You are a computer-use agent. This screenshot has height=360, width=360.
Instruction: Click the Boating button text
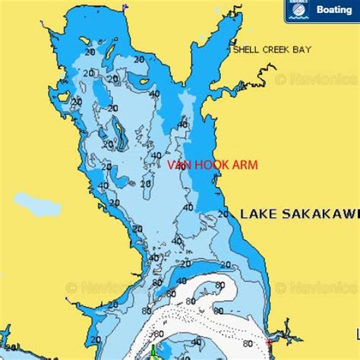point(333,10)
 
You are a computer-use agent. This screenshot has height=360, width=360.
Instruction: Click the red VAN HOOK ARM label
point(213,165)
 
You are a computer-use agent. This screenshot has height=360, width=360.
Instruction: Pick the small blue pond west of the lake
point(36,204)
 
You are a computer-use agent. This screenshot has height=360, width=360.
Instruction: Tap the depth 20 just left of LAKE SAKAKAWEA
point(223,215)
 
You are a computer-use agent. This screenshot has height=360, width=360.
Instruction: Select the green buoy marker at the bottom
point(153,351)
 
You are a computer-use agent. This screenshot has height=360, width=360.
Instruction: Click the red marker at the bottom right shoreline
point(268,344)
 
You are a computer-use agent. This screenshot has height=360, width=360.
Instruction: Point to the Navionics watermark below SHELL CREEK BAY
point(315,78)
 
